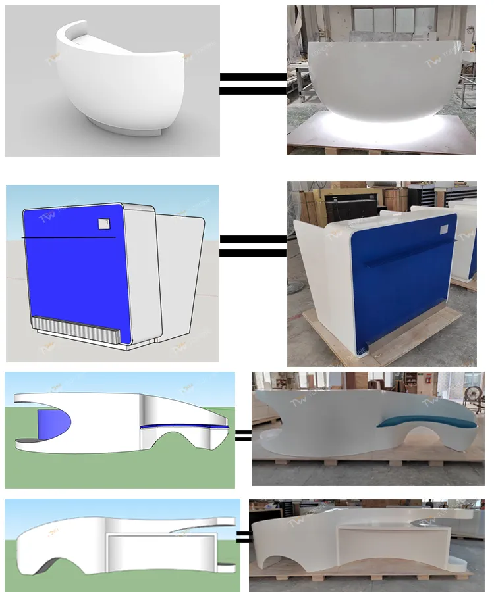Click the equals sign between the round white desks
click(253, 84)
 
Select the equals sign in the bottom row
click(242, 537)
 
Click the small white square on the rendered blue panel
click(103, 224)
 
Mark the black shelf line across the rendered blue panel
click(69, 237)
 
